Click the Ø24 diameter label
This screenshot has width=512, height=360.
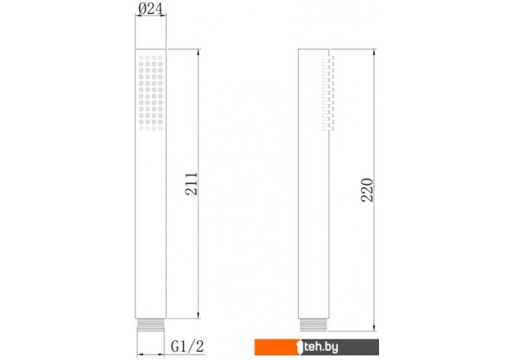coord(151,9)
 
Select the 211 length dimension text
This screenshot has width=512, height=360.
coord(191,184)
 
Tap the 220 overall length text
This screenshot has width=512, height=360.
coord(367,190)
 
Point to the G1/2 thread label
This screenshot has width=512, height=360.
coord(187,346)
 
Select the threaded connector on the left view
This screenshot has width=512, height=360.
coord(151,326)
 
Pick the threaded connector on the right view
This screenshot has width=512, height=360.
coord(313,325)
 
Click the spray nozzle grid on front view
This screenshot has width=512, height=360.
coord(151,92)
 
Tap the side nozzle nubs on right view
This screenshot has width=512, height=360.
coord(328,93)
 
